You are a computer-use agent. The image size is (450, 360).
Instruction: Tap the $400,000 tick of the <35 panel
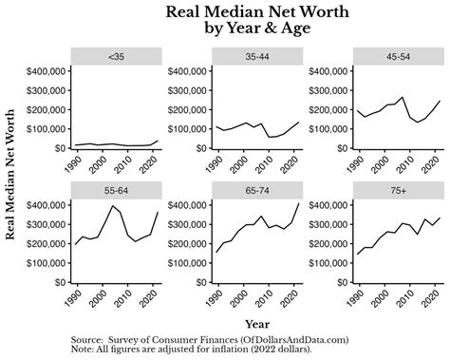[x=42, y=71]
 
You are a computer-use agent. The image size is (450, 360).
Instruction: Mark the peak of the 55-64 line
[x=113, y=205]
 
